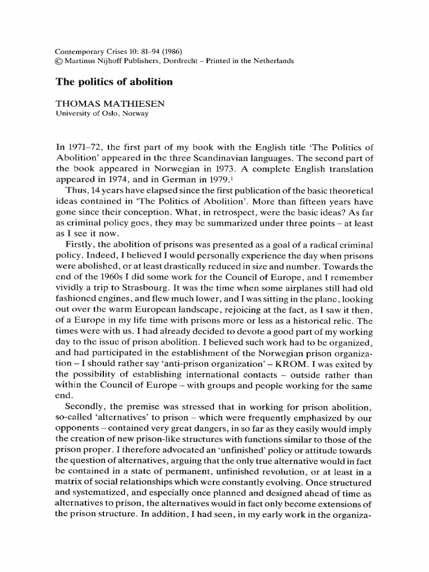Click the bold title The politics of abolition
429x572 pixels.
(x=113, y=82)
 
